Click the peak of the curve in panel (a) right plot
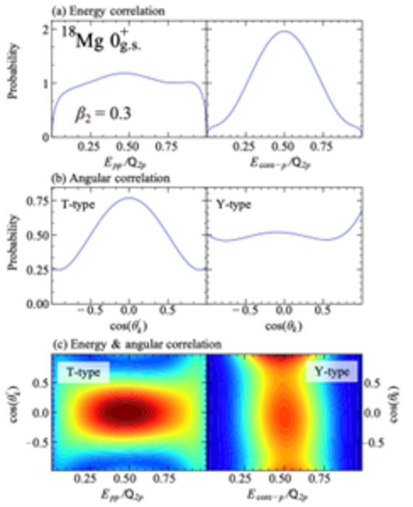(285, 32)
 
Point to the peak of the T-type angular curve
(129, 198)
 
